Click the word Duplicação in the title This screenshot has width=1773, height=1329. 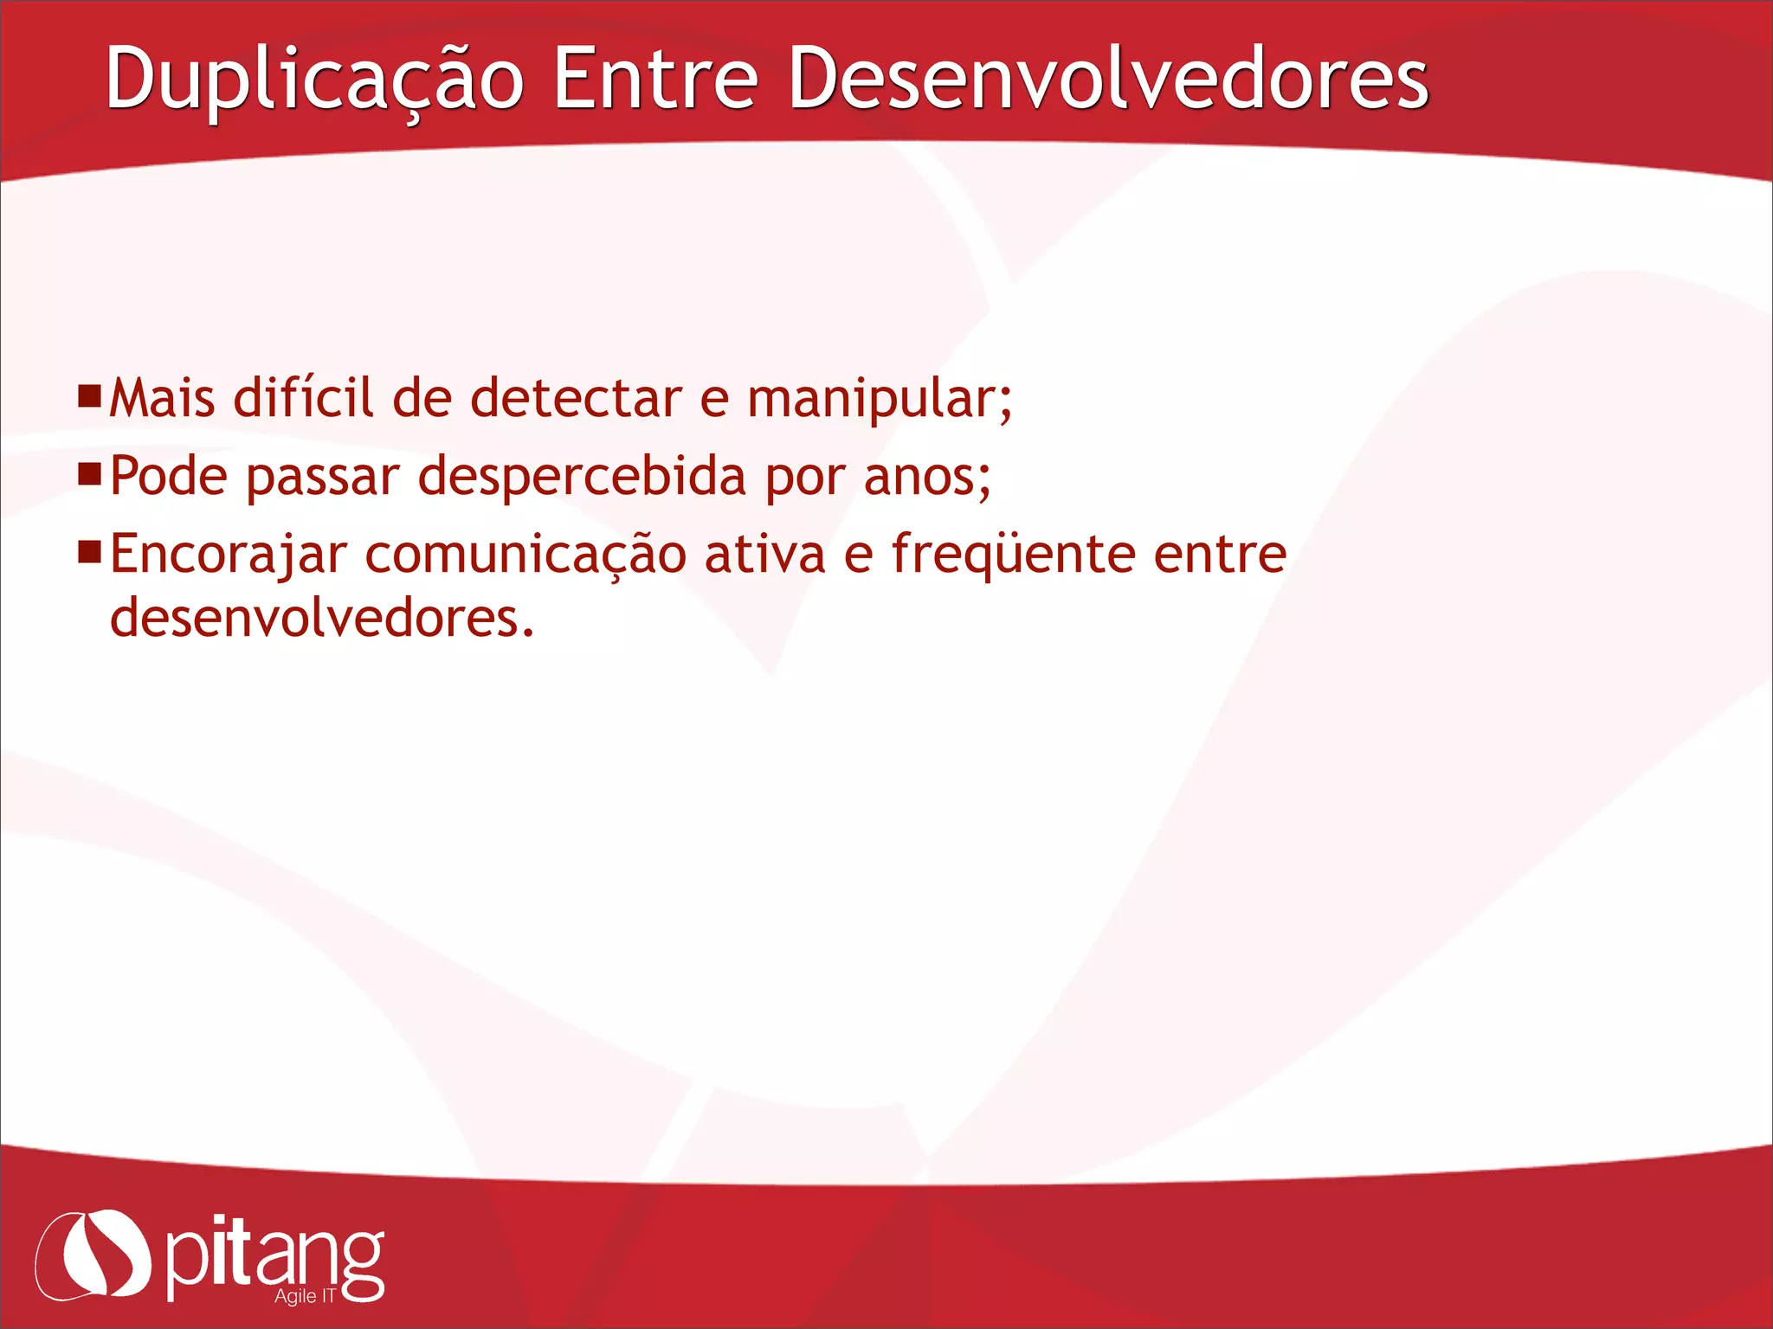tap(314, 80)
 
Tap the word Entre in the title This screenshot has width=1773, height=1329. tap(655, 80)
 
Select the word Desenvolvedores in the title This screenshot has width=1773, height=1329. tap(1108, 80)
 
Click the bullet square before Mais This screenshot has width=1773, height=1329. tap(89, 396)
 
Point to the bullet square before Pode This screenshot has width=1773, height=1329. tap(89, 474)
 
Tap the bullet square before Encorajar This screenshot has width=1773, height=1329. tap(89, 552)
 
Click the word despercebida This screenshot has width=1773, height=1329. tap(582, 477)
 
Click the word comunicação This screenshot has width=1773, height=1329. tap(525, 555)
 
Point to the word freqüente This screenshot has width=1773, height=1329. tap(1013, 555)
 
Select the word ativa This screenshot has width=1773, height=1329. tap(765, 555)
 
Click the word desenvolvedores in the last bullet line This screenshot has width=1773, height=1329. tap(320, 619)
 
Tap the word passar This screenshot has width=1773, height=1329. tap(323, 478)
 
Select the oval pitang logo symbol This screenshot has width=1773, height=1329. tap(93, 1255)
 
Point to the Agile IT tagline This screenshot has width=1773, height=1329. tap(305, 1296)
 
